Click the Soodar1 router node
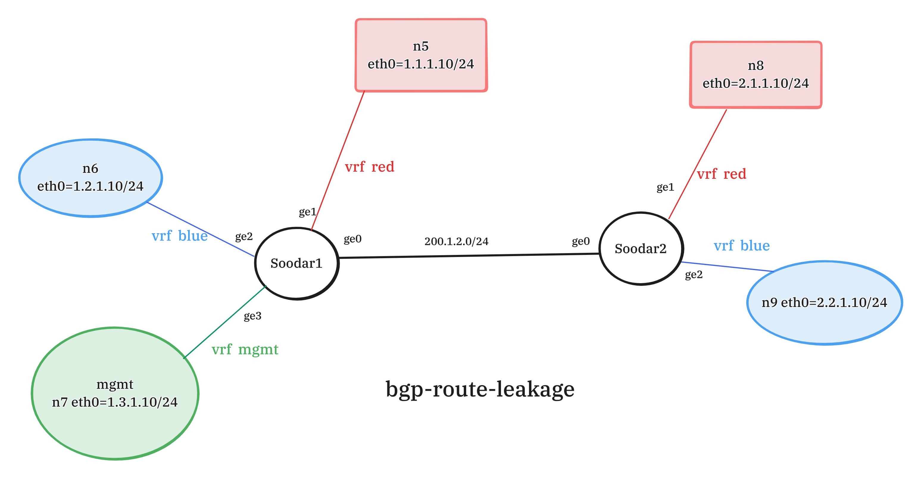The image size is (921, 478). pyautogui.click(x=296, y=263)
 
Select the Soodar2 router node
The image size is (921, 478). pyautogui.click(x=641, y=249)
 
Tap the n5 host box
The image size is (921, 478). pyautogui.click(x=421, y=55)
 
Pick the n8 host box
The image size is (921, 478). pyautogui.click(x=755, y=74)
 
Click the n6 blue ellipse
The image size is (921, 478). pyautogui.click(x=90, y=178)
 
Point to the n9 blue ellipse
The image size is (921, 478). pyautogui.click(x=825, y=303)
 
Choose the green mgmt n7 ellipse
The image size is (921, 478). pyautogui.click(x=115, y=393)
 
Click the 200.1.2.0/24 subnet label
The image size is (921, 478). pyautogui.click(x=456, y=242)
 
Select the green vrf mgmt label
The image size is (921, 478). pyautogui.click(x=245, y=350)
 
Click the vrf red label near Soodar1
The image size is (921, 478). pyautogui.click(x=370, y=167)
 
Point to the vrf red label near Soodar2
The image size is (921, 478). pyautogui.click(x=722, y=174)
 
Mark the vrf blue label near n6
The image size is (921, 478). pyautogui.click(x=179, y=236)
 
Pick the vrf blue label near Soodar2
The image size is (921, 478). pyautogui.click(x=742, y=246)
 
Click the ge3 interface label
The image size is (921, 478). pyautogui.click(x=252, y=316)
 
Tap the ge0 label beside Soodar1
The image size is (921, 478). pyautogui.click(x=352, y=239)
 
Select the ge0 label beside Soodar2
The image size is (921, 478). pyautogui.click(x=581, y=242)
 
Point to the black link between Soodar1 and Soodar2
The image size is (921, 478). pyautogui.click(x=468, y=256)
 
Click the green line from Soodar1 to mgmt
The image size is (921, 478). pyautogui.click(x=225, y=322)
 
